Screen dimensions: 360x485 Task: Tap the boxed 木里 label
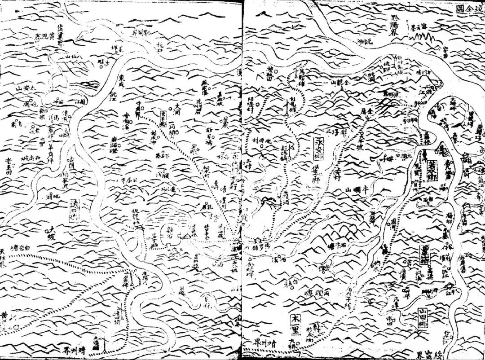[x=295, y=322]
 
